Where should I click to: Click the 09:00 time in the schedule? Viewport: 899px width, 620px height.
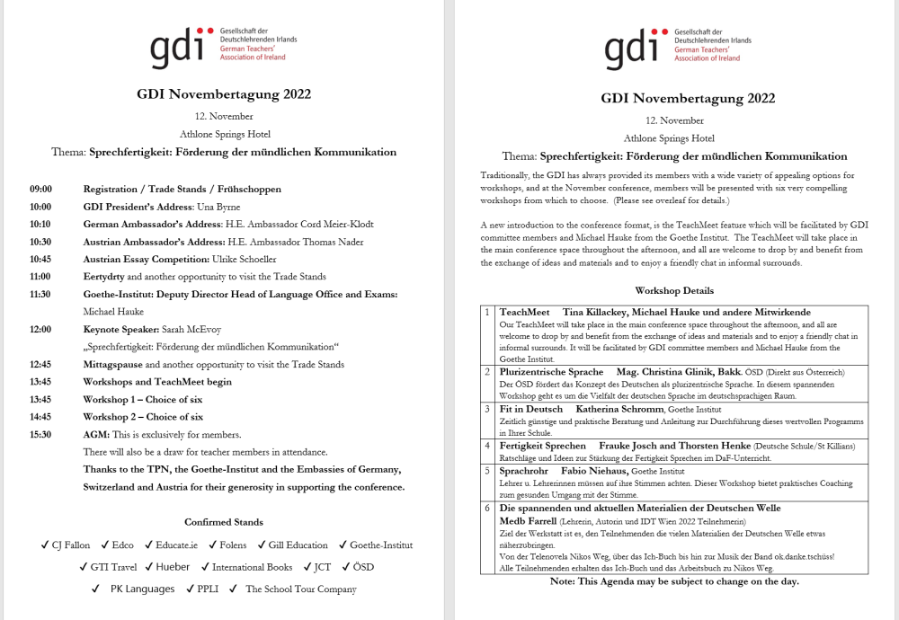point(40,190)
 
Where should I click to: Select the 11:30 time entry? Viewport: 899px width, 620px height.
point(40,294)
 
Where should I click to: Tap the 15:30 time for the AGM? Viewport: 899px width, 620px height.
point(40,434)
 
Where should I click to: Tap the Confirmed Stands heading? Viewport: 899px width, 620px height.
point(224,522)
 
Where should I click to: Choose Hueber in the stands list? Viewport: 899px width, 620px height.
point(173,567)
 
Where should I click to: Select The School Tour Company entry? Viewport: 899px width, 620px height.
point(300,589)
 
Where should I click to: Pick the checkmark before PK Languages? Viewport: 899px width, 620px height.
point(95,589)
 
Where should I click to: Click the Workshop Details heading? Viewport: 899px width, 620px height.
point(674,291)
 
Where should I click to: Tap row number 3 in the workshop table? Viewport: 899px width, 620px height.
point(487,409)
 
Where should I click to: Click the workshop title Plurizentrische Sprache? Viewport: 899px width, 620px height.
point(551,371)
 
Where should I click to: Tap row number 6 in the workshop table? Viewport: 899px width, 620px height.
point(487,508)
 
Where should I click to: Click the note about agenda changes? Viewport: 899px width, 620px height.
point(674,581)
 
